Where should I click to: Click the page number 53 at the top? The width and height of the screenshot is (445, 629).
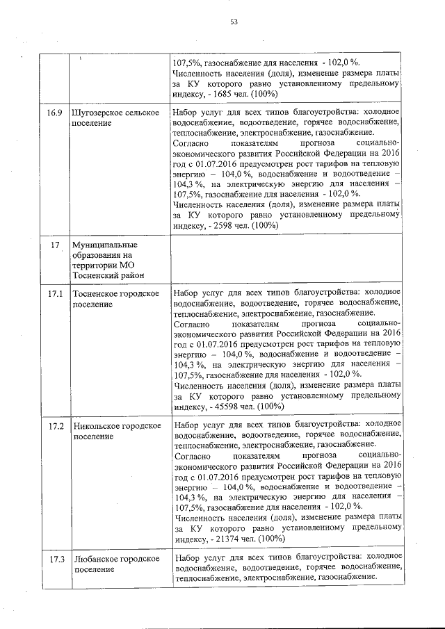pyautogui.click(x=234, y=22)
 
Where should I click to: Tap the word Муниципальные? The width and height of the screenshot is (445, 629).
pyautogui.click(x=104, y=245)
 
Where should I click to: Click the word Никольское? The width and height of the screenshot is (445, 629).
pyautogui.click(x=97, y=425)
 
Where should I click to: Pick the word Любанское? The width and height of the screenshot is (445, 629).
pyautogui.click(x=95, y=559)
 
